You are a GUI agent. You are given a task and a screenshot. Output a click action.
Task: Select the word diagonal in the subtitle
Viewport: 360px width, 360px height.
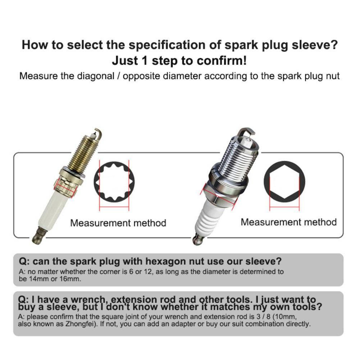pos(96,76)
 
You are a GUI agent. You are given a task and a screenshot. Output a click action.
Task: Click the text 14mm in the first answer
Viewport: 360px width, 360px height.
pos(38,279)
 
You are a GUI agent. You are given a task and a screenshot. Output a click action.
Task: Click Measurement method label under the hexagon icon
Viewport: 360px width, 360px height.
pos(288,222)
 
